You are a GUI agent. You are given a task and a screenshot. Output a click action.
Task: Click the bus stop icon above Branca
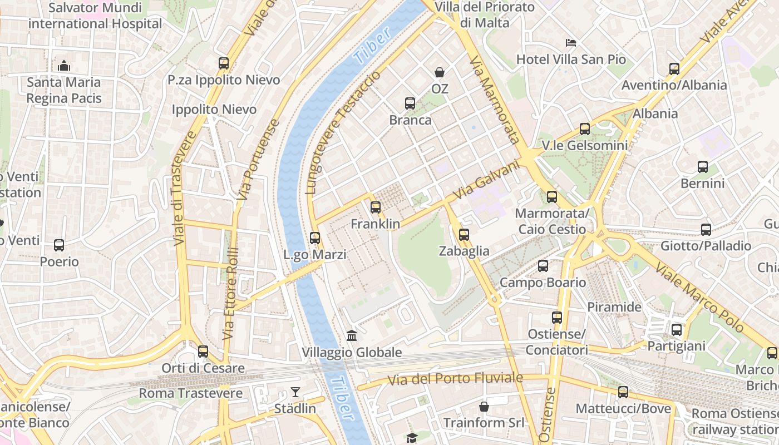pos(410,103)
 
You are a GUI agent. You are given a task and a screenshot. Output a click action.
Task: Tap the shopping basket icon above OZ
pos(440,72)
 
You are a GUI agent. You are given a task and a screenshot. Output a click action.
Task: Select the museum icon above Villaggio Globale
pos(352,335)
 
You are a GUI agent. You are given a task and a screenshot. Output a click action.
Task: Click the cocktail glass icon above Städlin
pos(295,392)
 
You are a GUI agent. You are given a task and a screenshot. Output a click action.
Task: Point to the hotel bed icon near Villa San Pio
pos(570,43)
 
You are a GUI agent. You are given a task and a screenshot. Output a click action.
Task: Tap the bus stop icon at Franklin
pos(376,207)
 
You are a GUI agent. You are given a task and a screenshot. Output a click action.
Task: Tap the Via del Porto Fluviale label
pos(456,379)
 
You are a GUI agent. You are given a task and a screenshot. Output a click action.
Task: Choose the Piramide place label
pos(614,307)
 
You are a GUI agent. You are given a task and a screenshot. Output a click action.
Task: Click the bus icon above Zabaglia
pos(464,235)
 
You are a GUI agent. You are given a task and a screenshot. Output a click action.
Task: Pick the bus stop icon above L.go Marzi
pos(315,238)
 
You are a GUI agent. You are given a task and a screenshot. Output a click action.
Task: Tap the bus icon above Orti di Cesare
pos(203,352)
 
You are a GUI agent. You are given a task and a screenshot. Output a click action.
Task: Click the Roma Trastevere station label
pos(191,393)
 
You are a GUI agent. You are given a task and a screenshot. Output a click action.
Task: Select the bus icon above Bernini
pos(703,167)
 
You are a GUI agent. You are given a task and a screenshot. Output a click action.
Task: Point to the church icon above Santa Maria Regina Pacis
pos(64,66)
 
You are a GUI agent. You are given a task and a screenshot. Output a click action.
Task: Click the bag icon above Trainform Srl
pos(484,407)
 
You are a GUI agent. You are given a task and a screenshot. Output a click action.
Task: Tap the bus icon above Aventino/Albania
pos(674,69)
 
